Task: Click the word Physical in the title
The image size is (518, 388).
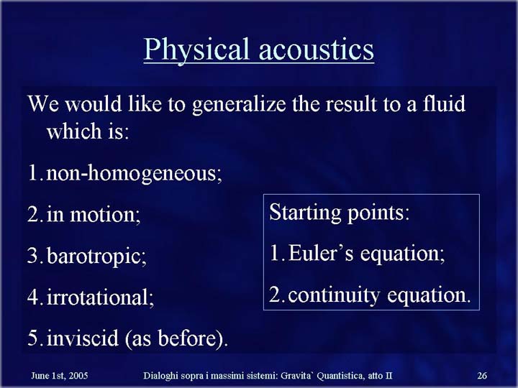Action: point(196,50)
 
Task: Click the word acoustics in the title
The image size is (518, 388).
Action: point(316,50)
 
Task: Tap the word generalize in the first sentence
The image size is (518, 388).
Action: point(239,105)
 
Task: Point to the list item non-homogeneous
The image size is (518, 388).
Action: point(134,173)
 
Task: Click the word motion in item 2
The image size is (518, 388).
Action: point(105,214)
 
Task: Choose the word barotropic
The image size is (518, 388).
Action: point(96,256)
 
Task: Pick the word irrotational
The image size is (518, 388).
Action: point(100,297)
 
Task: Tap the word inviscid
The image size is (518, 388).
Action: point(83,338)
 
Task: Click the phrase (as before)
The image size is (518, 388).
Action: point(177,338)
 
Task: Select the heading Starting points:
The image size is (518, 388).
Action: point(340,213)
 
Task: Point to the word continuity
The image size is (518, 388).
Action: point(334,295)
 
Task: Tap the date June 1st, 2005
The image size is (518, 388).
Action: point(60,376)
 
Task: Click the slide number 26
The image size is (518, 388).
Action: point(482,376)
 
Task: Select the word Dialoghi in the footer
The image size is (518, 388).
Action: point(160,376)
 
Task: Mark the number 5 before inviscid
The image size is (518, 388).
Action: point(33,338)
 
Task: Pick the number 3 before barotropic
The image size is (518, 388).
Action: point(33,255)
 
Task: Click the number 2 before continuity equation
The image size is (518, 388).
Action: point(275,295)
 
